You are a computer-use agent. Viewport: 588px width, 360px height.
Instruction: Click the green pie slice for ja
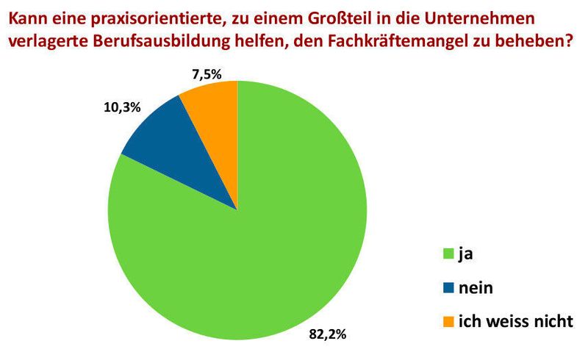click(250, 250)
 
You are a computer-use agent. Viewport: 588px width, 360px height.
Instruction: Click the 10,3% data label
click(118, 107)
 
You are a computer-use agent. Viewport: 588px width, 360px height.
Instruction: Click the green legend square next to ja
click(448, 255)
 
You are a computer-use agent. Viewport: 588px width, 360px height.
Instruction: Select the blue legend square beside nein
click(448, 289)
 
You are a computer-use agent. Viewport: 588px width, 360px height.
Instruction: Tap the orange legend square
click(448, 322)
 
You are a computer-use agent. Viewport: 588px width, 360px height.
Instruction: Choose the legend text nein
click(476, 289)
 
